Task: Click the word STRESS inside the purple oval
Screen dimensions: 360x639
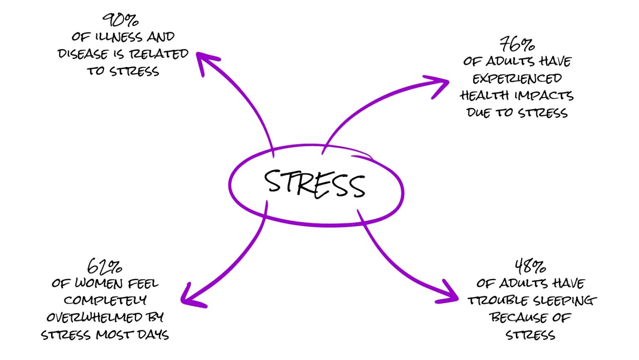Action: [x=315, y=184]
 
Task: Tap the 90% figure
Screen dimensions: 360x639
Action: [x=120, y=20]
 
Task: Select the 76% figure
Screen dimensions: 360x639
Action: [x=517, y=44]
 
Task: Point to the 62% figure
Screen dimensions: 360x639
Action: [x=104, y=266]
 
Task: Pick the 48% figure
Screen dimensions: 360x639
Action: [x=530, y=266]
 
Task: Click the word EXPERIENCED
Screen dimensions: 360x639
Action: [x=517, y=79]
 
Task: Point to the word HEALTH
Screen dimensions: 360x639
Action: [x=484, y=96]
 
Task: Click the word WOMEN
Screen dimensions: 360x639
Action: [x=99, y=283]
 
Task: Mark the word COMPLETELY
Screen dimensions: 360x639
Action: [x=105, y=300]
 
